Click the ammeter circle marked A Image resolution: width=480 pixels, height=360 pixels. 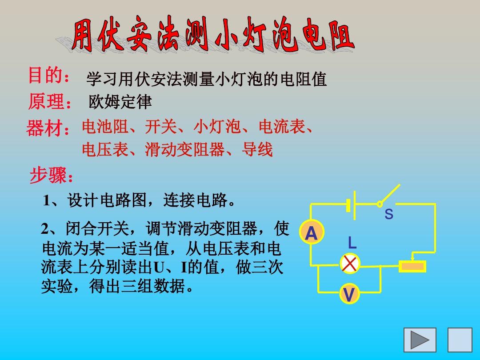coord(312,232)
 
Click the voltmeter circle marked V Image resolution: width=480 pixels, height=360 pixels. coord(349,293)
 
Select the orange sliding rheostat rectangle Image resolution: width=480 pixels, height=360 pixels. coord(412,266)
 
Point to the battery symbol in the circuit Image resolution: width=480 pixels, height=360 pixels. coord(351,205)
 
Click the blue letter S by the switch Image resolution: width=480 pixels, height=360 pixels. coord(389,214)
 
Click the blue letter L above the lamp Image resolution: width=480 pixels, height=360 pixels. coord(352,243)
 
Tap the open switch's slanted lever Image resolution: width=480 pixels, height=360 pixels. coord(389,194)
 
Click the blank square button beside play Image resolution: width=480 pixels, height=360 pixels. coord(460,340)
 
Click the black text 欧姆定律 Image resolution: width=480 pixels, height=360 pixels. coord(120,102)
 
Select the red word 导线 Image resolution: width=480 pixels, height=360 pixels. coord(257,150)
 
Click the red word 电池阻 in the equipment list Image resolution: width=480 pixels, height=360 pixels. coord(105,126)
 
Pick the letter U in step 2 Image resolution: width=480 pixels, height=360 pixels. coord(159,267)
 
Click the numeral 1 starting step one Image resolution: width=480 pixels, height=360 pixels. coord(46,201)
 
